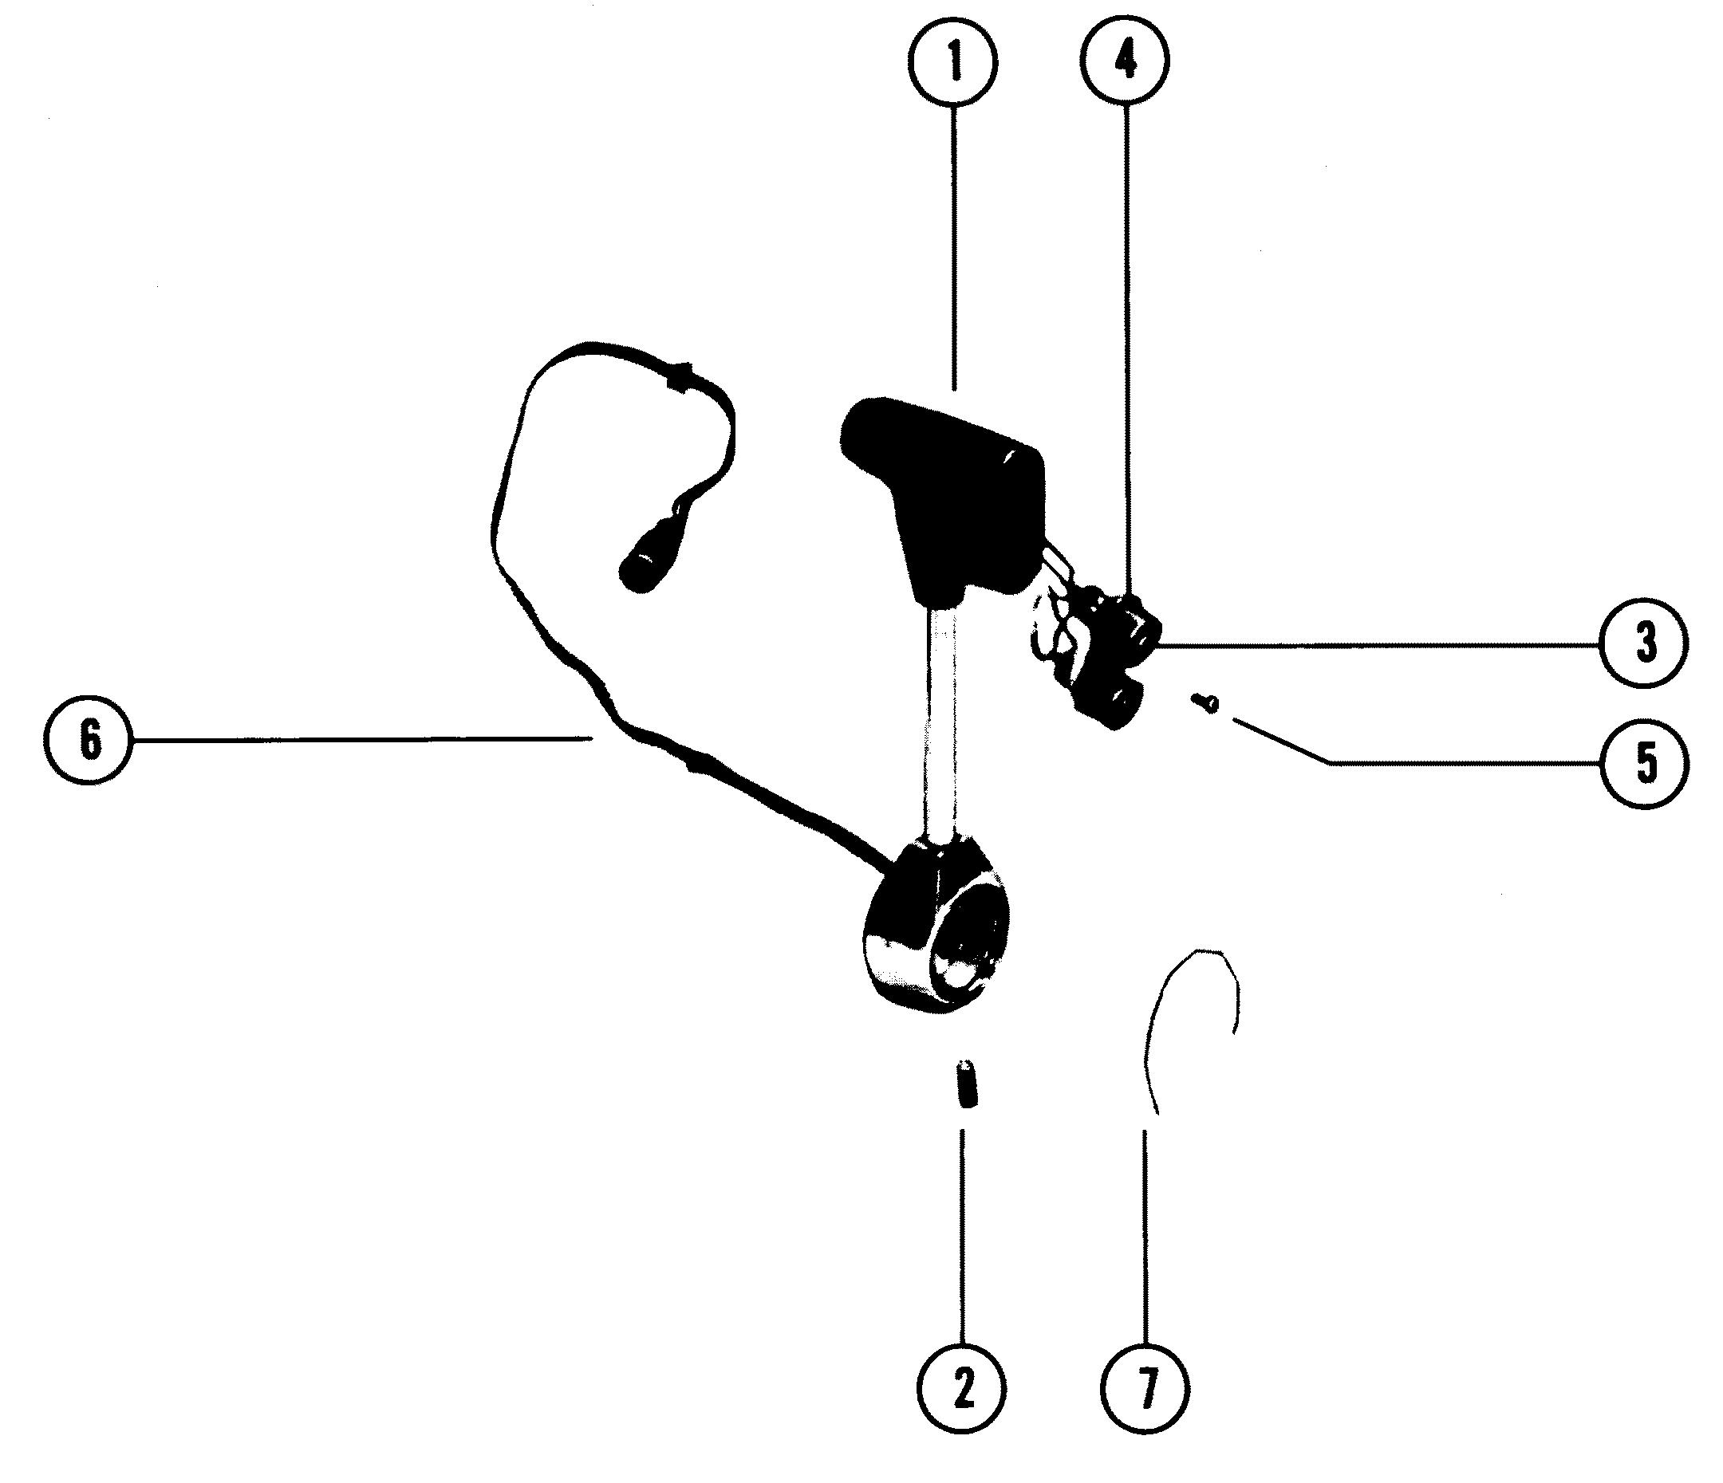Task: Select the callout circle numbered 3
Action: point(1645,643)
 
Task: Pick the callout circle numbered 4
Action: point(1126,61)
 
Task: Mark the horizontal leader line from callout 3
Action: point(1372,643)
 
